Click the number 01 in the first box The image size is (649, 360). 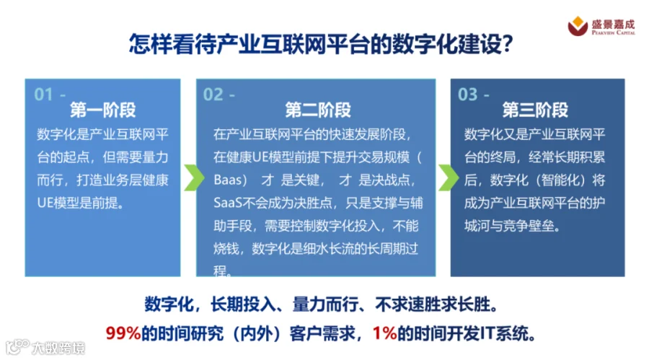coord(43,95)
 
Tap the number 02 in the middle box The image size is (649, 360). coord(213,95)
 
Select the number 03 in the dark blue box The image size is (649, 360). coord(468,95)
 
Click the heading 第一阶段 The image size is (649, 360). coord(102,110)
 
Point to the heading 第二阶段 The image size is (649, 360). coord(318,110)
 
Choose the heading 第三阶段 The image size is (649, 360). coord(535,110)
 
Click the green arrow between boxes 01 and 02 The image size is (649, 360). coord(194,177)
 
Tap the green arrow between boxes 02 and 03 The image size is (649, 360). coord(449,177)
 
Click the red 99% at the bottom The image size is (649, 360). coord(123,333)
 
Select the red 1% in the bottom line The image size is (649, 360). coord(385,333)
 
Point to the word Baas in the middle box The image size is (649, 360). coord(228,180)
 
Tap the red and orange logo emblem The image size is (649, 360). coord(578,26)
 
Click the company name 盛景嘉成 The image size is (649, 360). coord(613,24)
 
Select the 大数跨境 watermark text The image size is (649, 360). coord(58,348)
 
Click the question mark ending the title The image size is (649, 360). coord(508,43)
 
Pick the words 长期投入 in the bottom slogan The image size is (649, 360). coord(242,304)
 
